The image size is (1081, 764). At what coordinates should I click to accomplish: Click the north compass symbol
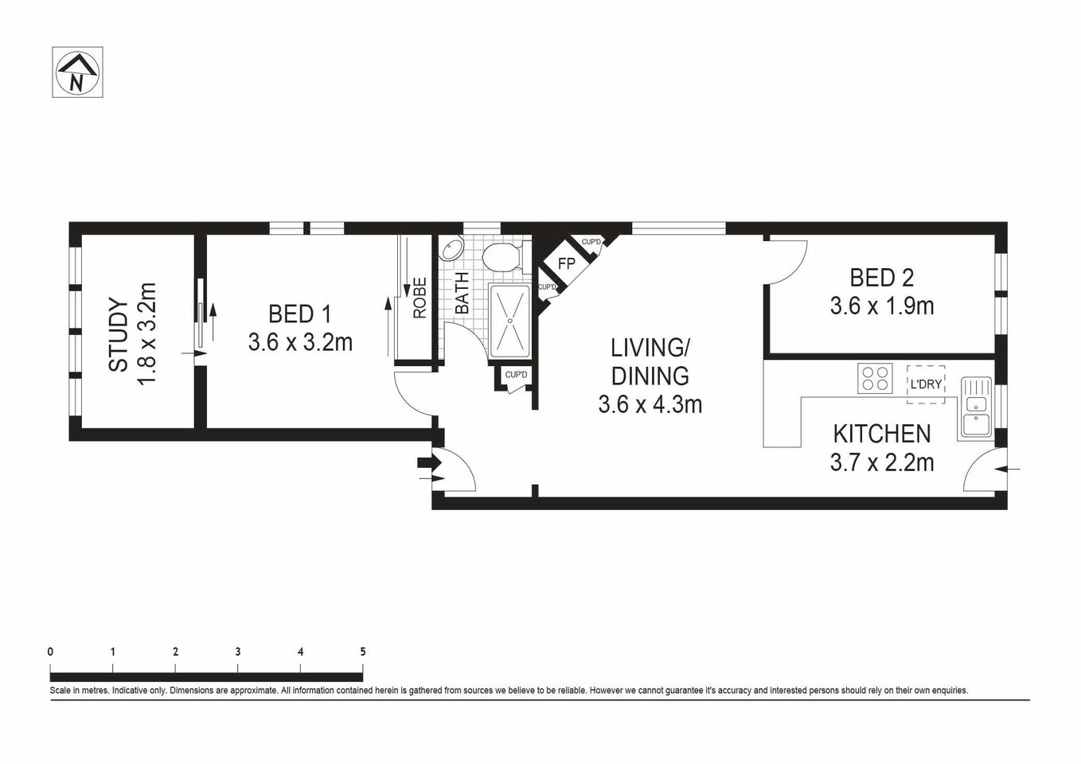pos(77,72)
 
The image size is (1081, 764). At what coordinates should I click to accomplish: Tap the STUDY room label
pos(118,334)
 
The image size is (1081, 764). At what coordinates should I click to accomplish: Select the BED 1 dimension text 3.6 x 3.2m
pos(300,342)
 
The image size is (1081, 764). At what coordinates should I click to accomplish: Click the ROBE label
pos(420,298)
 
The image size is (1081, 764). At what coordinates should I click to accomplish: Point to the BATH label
pos(462,293)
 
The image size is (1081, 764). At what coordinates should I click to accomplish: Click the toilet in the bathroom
pos(501,258)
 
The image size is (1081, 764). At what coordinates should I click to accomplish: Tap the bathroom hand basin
pos(451,249)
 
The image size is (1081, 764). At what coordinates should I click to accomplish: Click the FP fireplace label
pos(566,263)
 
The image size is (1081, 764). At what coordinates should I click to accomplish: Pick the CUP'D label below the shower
pos(516,375)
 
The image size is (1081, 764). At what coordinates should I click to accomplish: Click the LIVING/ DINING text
pos(650,361)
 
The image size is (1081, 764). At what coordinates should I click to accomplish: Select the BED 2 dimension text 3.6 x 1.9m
pos(881,306)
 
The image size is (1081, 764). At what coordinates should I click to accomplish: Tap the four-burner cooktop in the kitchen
pos(874,378)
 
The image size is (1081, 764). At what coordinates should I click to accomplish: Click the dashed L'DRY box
pos(926,384)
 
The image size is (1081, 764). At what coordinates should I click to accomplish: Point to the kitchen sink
pos(975,407)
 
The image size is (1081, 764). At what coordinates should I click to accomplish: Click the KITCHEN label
pos(881,434)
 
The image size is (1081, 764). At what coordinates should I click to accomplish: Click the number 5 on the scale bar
pos(363,651)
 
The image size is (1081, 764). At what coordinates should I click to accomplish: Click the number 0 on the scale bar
pos(51,651)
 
